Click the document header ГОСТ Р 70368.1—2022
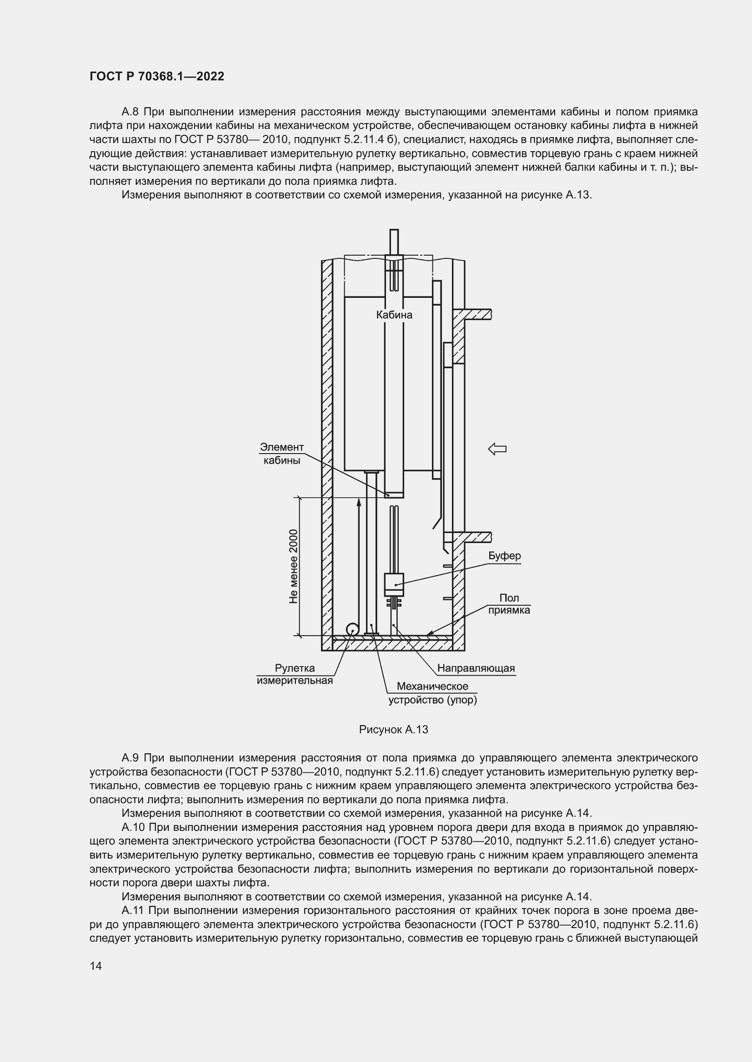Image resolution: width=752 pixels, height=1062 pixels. [156, 76]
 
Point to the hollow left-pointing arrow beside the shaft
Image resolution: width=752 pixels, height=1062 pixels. [497, 448]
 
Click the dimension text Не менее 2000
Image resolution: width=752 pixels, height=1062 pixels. [293, 566]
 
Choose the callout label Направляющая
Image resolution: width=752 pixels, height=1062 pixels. [476, 668]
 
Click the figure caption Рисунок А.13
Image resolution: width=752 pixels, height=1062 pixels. [393, 730]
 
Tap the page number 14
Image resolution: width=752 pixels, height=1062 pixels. [96, 966]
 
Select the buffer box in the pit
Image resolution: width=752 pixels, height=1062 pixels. [394, 585]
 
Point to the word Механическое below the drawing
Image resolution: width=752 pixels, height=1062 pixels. [432, 687]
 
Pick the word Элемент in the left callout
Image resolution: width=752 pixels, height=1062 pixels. [281, 447]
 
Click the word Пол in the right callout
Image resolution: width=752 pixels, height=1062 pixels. [509, 598]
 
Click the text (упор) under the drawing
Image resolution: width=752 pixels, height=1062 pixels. [462, 700]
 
